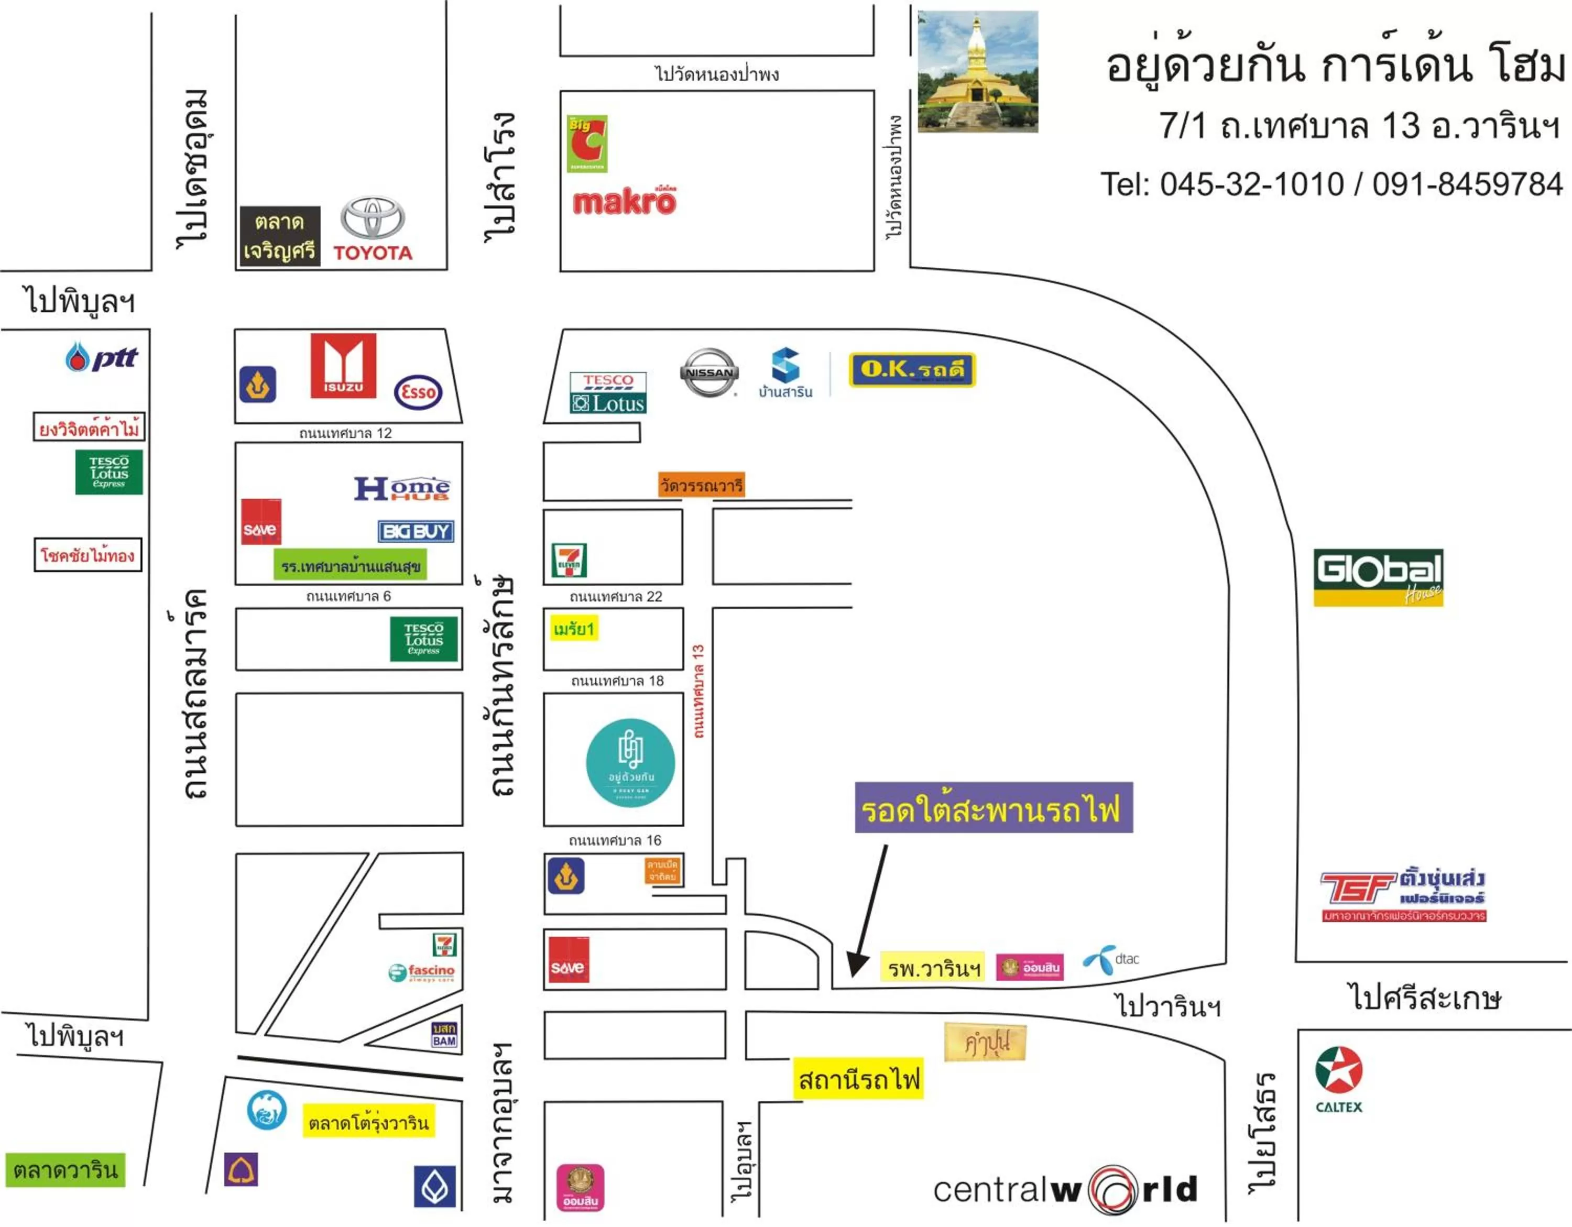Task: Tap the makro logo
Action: [x=624, y=202]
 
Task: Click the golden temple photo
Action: [x=977, y=71]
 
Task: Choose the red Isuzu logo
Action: [x=343, y=366]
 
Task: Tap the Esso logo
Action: [x=418, y=392]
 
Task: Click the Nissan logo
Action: [x=709, y=373]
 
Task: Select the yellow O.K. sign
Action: [x=912, y=370]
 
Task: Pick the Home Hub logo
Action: [x=401, y=489]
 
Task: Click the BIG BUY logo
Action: [x=416, y=531]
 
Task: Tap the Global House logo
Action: [x=1378, y=577]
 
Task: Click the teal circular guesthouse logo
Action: [x=630, y=763]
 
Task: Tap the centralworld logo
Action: [x=1065, y=1189]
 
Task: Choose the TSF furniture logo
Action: [x=1404, y=894]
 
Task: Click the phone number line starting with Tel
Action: [x=1331, y=184]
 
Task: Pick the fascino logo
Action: [x=422, y=972]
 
